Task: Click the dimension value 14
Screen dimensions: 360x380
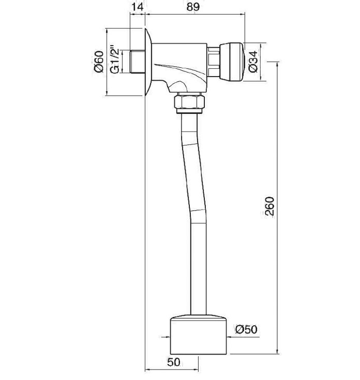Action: click(x=137, y=7)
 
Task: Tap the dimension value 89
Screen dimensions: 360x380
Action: click(x=193, y=7)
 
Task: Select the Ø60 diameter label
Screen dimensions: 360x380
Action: click(x=99, y=62)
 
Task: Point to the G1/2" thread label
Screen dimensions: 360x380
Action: click(x=114, y=60)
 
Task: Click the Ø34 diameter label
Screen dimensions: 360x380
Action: click(x=253, y=62)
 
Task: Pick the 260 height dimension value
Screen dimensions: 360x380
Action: click(x=269, y=206)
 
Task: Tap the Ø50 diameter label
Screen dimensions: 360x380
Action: click(x=246, y=329)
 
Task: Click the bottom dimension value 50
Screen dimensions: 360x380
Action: click(x=174, y=362)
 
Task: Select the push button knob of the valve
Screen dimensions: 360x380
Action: click(x=231, y=62)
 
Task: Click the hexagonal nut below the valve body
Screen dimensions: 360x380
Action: click(x=189, y=102)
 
